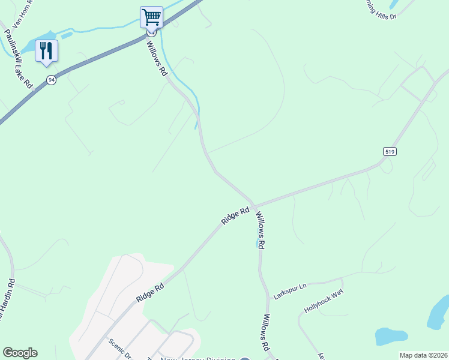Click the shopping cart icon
(x=151, y=17)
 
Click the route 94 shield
(x=52, y=80)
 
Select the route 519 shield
(x=388, y=151)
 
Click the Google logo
(x=20, y=353)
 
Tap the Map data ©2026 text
(x=423, y=355)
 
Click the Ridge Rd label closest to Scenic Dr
(x=150, y=292)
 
